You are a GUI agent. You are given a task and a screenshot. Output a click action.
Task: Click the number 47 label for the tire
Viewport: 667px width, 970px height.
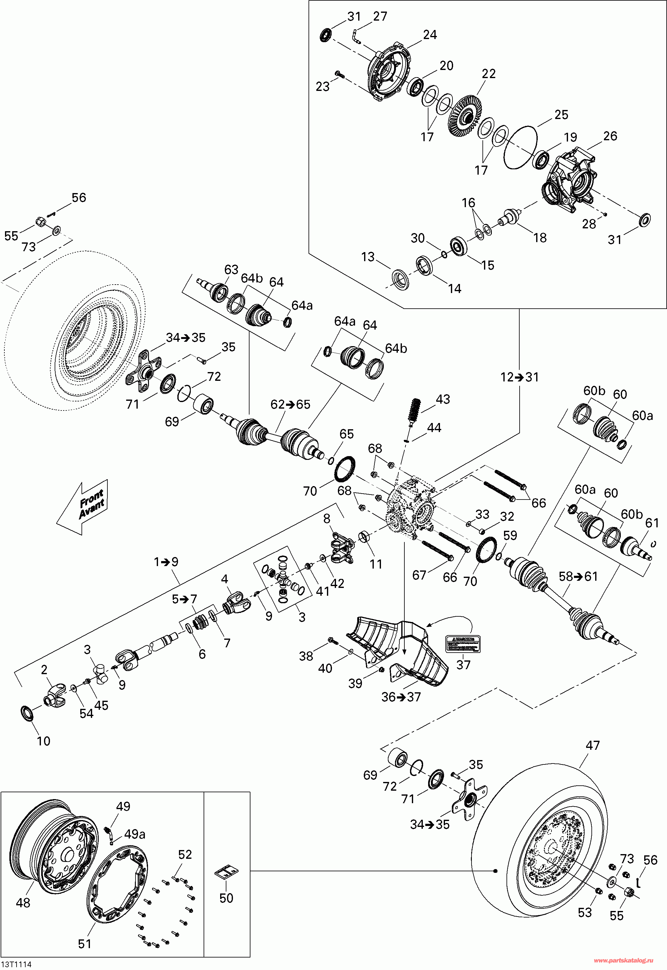click(593, 745)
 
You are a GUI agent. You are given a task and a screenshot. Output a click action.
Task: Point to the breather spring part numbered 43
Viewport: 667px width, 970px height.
click(415, 411)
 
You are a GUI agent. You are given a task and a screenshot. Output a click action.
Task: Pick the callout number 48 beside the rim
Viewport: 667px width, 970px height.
click(23, 903)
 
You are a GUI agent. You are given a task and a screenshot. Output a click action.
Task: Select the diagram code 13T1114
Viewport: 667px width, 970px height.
click(16, 964)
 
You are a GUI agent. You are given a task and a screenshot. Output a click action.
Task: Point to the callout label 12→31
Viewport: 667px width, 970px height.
click(520, 377)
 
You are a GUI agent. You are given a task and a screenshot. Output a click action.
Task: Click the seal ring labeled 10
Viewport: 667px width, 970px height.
click(27, 713)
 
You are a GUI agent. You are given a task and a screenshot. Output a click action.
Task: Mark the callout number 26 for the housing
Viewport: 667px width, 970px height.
click(610, 136)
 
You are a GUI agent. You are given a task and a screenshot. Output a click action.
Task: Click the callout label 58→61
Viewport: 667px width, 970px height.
click(578, 577)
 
